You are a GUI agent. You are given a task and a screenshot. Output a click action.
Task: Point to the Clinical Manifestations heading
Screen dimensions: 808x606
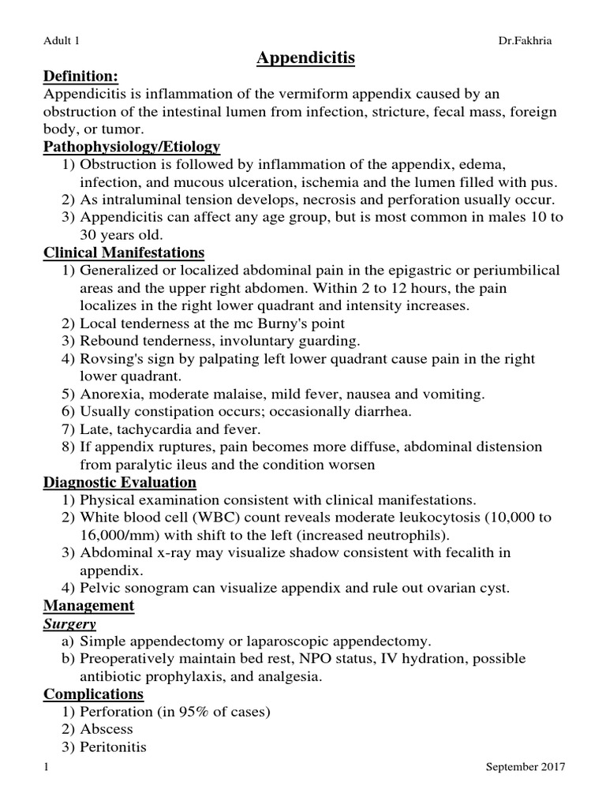tap(124, 252)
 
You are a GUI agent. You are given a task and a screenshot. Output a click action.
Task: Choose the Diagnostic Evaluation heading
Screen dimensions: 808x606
tap(120, 482)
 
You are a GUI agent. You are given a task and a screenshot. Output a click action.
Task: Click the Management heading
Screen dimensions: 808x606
tap(88, 605)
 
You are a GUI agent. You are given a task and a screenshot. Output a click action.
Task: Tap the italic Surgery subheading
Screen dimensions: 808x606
tap(69, 623)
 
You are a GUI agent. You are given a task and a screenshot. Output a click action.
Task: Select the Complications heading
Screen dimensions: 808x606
tap(93, 694)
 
